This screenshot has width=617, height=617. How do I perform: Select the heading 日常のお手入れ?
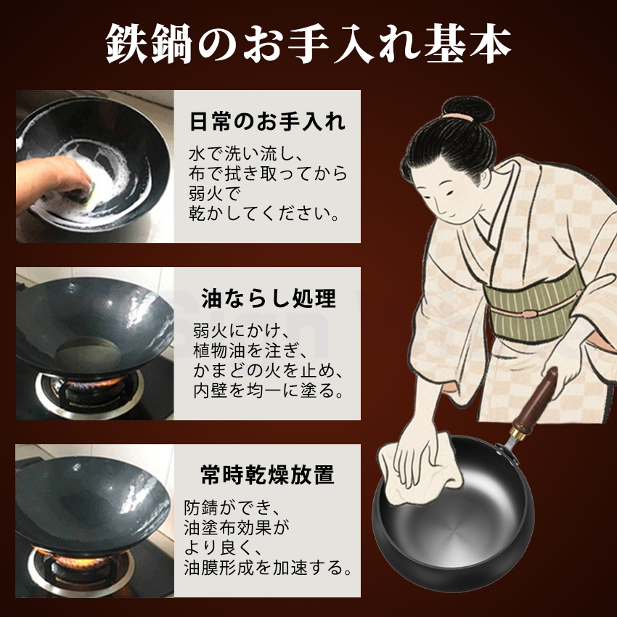pyautogui.click(x=266, y=120)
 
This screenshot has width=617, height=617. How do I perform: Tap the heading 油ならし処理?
pyautogui.click(x=269, y=299)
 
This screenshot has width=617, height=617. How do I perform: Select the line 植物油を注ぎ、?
pyautogui.click(x=246, y=352)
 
